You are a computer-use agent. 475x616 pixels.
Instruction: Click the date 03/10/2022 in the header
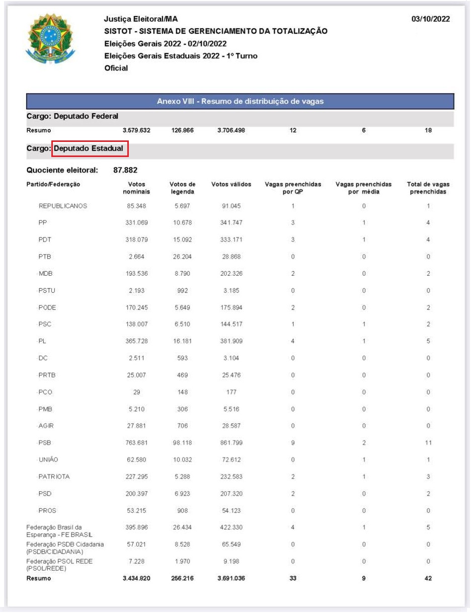click(x=430, y=19)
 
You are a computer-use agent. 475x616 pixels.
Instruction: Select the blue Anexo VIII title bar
click(x=240, y=101)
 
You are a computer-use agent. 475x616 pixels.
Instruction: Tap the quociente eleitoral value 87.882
click(x=125, y=170)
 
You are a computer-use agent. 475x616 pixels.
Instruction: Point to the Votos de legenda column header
click(x=182, y=188)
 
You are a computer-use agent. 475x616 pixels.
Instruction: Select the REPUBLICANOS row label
click(x=63, y=206)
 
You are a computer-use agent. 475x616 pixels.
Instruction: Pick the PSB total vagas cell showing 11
click(x=428, y=443)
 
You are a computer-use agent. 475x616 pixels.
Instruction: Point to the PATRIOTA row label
click(x=54, y=477)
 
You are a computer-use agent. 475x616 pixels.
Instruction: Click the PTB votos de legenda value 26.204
click(x=182, y=257)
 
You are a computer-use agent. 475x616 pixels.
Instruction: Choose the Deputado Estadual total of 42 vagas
click(x=428, y=579)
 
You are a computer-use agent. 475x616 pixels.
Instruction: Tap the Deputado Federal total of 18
click(x=428, y=130)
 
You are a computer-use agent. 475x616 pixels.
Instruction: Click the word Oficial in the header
click(x=116, y=68)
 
